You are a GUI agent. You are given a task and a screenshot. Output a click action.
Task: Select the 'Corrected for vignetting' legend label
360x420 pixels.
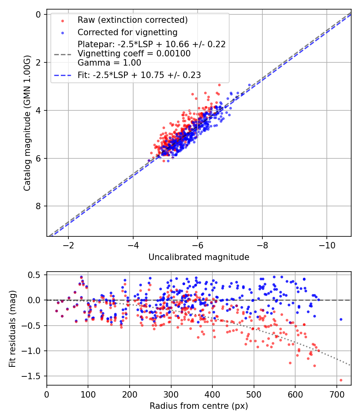pos(128,32)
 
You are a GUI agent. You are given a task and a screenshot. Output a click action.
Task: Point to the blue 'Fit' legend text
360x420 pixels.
pos(139,75)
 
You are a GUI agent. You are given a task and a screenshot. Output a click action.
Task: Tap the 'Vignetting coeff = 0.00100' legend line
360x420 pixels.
pos(134,53)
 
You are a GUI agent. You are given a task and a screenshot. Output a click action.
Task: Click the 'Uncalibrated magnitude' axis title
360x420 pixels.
pos(199,257)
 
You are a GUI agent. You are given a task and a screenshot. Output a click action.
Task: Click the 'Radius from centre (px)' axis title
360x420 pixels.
pos(199,406)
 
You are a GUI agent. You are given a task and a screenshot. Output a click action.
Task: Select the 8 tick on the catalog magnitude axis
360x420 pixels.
pos(38,206)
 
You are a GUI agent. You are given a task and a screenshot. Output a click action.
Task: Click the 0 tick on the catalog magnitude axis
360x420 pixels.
pos(38,15)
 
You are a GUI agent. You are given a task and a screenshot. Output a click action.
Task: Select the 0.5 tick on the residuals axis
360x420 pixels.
pos(36,275)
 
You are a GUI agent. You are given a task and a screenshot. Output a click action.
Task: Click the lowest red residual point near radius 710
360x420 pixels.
pos(341,380)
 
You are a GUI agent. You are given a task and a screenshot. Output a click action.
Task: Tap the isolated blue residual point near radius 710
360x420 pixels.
pos(341,319)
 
